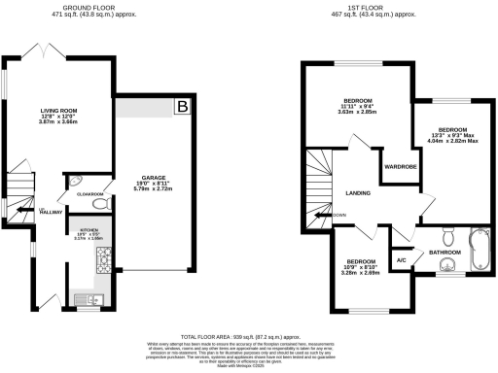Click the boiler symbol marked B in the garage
182,107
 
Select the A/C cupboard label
401,259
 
